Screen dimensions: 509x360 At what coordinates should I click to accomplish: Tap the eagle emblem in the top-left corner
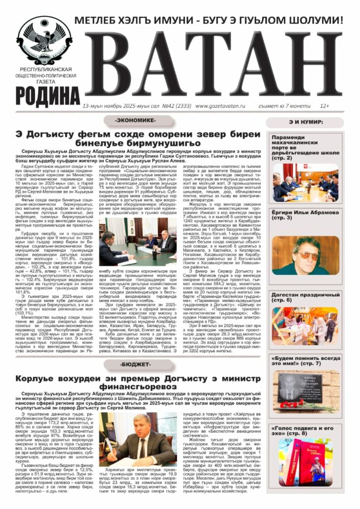44,40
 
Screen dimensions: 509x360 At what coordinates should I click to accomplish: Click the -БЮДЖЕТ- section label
135,364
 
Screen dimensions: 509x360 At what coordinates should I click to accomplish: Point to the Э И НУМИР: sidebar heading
304,122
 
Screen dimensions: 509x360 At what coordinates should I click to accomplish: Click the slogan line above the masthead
209,21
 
